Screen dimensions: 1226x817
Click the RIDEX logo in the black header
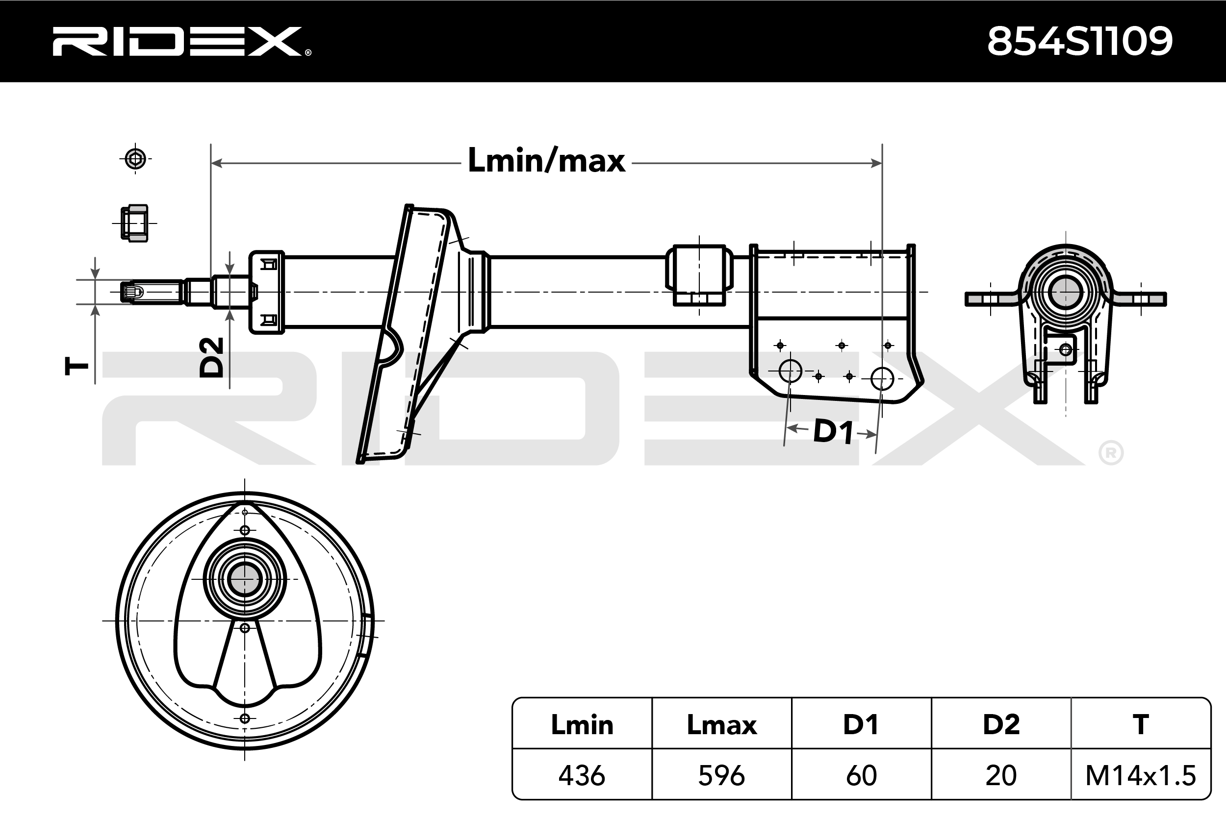pyautogui.click(x=181, y=41)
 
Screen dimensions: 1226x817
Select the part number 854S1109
pyautogui.click(x=1079, y=41)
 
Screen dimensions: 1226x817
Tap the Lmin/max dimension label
pyautogui.click(x=546, y=160)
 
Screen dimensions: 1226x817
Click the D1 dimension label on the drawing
pyautogui.click(x=833, y=431)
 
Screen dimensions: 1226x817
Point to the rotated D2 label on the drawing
pyautogui.click(x=212, y=357)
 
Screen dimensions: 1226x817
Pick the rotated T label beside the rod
pyautogui.click(x=76, y=366)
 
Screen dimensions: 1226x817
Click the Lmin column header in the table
pyautogui.click(x=582, y=725)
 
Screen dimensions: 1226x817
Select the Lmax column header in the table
pyautogui.click(x=721, y=725)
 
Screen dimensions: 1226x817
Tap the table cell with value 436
pyautogui.click(x=582, y=775)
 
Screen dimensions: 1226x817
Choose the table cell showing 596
pyautogui.click(x=721, y=775)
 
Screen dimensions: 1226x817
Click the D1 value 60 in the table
pyautogui.click(x=861, y=775)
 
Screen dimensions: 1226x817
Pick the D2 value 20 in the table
pyautogui.click(x=1001, y=775)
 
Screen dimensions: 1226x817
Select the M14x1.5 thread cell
pyautogui.click(x=1141, y=775)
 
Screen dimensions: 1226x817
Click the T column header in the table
pyautogui.click(x=1141, y=725)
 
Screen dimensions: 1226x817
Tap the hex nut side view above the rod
pyautogui.click(x=134, y=223)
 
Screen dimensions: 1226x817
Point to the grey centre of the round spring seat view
pyautogui.click(x=245, y=579)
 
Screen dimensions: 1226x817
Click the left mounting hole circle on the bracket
pyautogui.click(x=790, y=371)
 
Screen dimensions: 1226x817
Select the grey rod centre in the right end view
pyautogui.click(x=1066, y=293)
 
